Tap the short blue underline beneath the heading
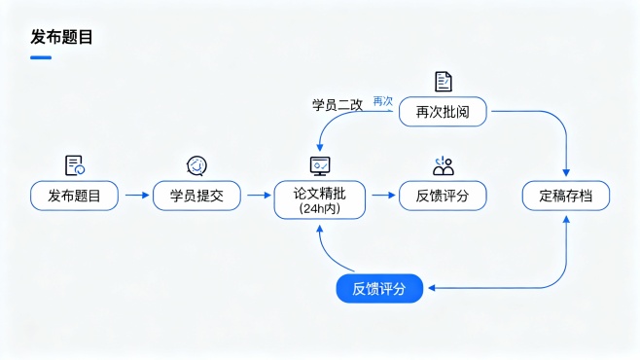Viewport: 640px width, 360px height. pos(40,57)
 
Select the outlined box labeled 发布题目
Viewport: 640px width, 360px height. pos(74,196)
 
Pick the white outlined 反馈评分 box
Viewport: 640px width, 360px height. pos(443,196)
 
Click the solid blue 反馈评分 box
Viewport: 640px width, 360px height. pos(379,288)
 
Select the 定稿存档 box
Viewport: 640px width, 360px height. pos(566,196)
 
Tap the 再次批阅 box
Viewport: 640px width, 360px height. pos(443,112)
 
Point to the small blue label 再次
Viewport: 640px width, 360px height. pos(383,100)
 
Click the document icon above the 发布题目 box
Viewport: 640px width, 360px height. pos(74,164)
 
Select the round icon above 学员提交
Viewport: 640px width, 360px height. pos(196,164)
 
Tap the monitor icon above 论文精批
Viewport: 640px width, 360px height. pos(319,164)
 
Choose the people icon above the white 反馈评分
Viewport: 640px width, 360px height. pos(443,164)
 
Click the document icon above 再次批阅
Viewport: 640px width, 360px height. pos(443,82)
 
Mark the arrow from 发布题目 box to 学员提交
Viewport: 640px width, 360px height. pos(135,196)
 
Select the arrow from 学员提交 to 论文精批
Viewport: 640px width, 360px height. pos(258,196)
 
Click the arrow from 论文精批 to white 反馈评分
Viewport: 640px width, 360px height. pos(381,196)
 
